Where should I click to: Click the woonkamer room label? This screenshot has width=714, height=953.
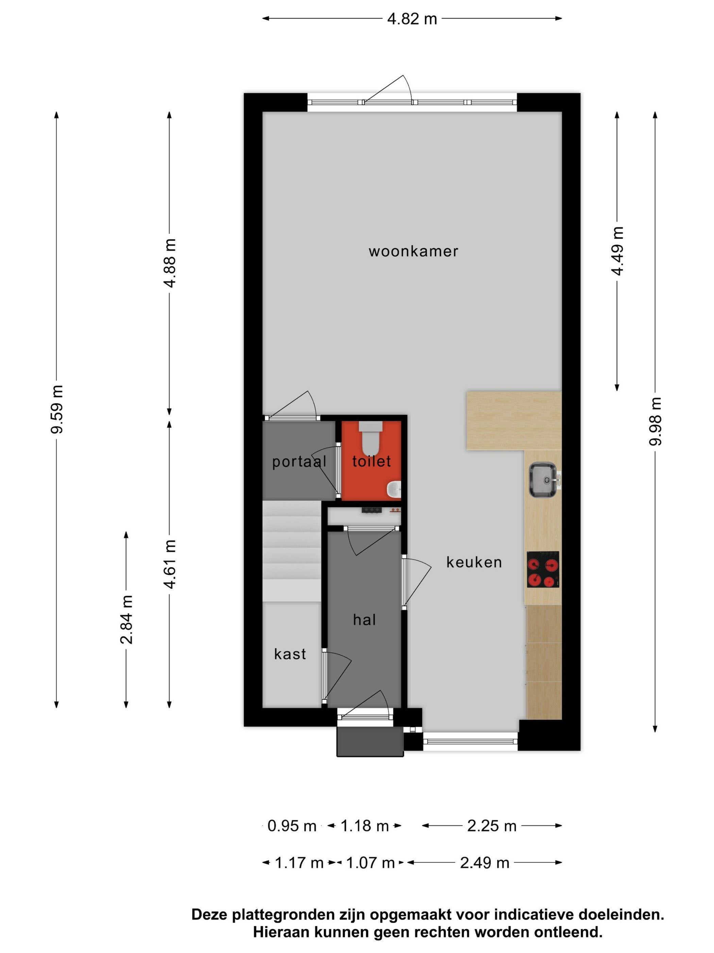[x=413, y=251]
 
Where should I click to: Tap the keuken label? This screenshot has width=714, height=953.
[x=474, y=562]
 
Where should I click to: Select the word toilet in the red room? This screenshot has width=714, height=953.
[x=371, y=462]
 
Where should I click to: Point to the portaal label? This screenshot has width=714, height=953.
[x=299, y=462]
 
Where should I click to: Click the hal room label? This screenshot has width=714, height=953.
[x=364, y=620]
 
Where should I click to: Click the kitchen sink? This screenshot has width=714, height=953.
[x=544, y=480]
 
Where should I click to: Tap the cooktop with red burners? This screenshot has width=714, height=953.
[x=543, y=569]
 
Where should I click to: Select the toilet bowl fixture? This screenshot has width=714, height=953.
[x=371, y=438]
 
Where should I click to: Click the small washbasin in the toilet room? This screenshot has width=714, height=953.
[x=394, y=489]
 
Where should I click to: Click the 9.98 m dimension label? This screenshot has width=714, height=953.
[x=655, y=421]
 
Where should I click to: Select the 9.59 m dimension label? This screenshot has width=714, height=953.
[x=57, y=409]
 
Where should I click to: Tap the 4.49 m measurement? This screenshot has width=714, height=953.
[x=617, y=251]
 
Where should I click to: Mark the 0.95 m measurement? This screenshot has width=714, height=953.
[x=292, y=826]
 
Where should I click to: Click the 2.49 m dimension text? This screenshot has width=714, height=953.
[x=485, y=863]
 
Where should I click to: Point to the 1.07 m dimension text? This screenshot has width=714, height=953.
[x=370, y=863]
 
